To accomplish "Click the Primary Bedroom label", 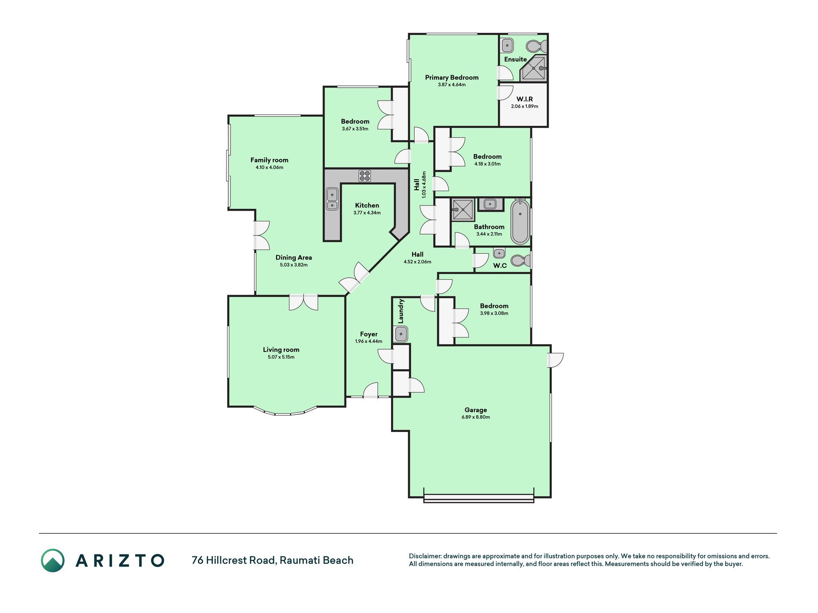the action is pyautogui.click(x=451, y=78).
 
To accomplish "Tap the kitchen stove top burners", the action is pyautogui.click(x=365, y=176).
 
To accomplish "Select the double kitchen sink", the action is pyautogui.click(x=332, y=199).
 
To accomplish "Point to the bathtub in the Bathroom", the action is pyautogui.click(x=520, y=222).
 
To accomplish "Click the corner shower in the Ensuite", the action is pyautogui.click(x=534, y=68).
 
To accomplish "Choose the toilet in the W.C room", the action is pyautogui.click(x=520, y=261).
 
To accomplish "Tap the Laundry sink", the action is pyautogui.click(x=401, y=333).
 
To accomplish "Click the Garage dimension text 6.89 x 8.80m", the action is pyautogui.click(x=475, y=417).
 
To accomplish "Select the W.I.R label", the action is pyautogui.click(x=525, y=99).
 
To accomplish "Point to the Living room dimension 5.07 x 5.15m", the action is pyautogui.click(x=281, y=357).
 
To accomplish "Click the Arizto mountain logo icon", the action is pyautogui.click(x=53, y=560).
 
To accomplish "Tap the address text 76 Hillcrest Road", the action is pyautogui.click(x=234, y=560).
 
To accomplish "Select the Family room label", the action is pyautogui.click(x=269, y=160).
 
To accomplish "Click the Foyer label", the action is pyautogui.click(x=369, y=334).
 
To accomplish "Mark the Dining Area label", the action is pyautogui.click(x=294, y=258).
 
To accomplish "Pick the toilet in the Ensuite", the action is pyautogui.click(x=537, y=46).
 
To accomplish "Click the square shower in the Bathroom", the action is pyautogui.click(x=462, y=209).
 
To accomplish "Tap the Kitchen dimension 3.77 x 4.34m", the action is pyautogui.click(x=367, y=213).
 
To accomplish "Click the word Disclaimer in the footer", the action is pyautogui.click(x=425, y=556).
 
